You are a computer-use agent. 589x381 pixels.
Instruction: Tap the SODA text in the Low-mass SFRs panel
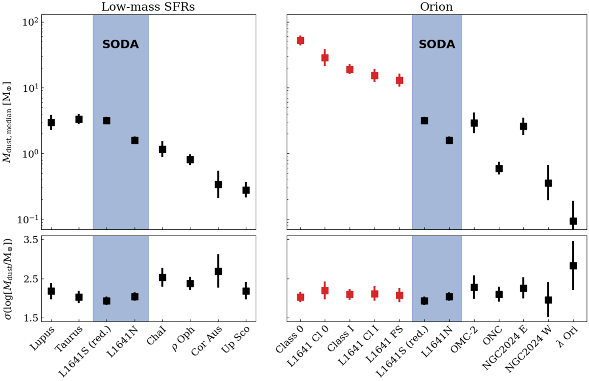tap(120, 44)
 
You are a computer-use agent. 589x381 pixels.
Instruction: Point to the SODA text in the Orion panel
tap(437, 44)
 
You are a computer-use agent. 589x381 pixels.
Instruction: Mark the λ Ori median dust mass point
tap(573, 221)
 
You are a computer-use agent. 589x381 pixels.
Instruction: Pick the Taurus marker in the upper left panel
tap(79, 119)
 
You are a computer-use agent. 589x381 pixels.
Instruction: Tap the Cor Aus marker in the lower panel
tap(218, 271)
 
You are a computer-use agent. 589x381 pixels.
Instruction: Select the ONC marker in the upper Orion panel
tap(499, 168)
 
